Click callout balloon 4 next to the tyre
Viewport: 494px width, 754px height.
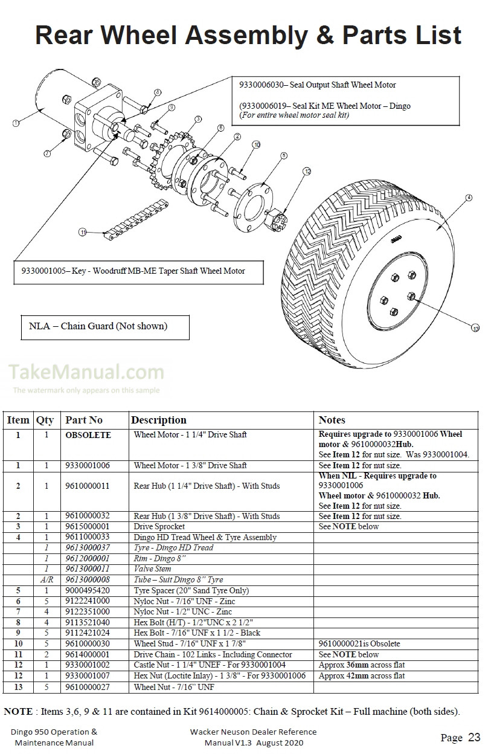[x=469, y=198]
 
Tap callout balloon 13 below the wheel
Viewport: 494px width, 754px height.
[x=475, y=328]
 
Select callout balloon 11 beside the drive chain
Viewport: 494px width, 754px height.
[x=83, y=231]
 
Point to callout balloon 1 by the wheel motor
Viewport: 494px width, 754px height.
[x=15, y=123]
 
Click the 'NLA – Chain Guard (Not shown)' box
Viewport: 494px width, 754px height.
[x=98, y=326]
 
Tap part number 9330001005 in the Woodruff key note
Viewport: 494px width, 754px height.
[x=41, y=271]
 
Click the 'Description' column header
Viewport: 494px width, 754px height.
[x=159, y=420]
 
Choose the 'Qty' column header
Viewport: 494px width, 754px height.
[x=45, y=420]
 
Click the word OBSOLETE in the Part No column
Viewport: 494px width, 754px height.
[x=88, y=435]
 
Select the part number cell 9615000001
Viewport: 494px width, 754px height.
[x=88, y=527]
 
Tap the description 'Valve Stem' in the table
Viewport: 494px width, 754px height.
[x=152, y=569]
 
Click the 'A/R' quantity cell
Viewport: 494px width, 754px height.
[x=45, y=579]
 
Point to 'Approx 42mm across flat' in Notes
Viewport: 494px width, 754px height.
[x=362, y=676]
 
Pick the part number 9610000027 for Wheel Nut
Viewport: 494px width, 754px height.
[x=88, y=687]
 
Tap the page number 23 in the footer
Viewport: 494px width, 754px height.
[x=474, y=737]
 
